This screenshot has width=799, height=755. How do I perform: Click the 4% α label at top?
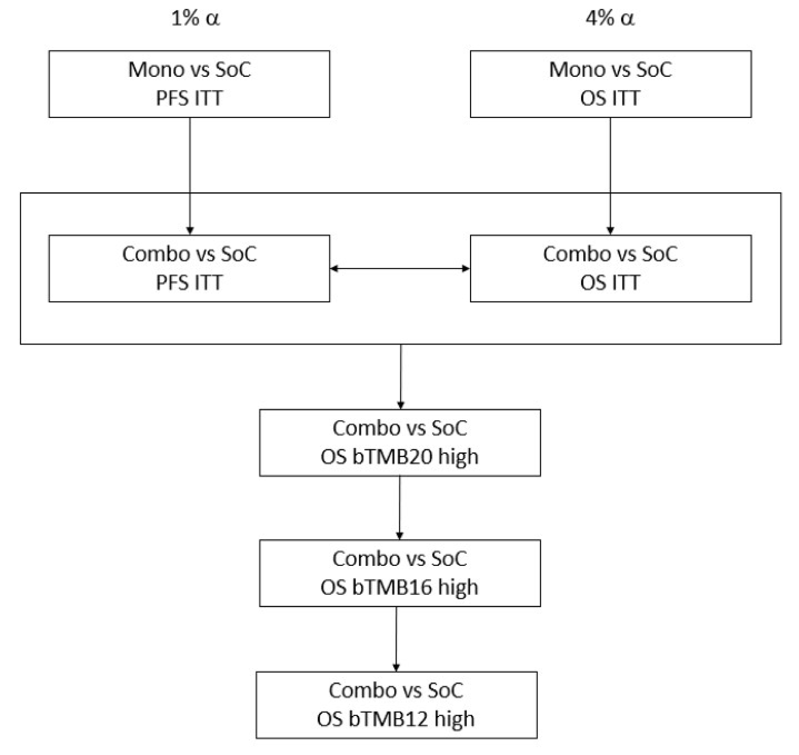(x=610, y=19)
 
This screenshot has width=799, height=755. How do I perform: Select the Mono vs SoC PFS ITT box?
(x=189, y=84)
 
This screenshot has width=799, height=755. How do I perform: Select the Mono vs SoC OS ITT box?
(x=611, y=84)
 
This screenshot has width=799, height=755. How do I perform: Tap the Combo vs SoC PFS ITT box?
(x=189, y=268)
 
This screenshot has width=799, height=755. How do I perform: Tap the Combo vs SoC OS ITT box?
(x=611, y=268)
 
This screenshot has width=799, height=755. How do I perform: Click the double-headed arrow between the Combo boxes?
(x=400, y=268)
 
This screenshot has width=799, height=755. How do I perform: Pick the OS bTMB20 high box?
(x=400, y=443)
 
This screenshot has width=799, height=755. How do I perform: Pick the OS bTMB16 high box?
(x=400, y=573)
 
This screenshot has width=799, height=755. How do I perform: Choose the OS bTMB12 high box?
(x=396, y=705)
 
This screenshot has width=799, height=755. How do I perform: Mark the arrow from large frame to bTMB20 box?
(x=401, y=376)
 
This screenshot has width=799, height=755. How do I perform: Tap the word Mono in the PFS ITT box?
(x=156, y=70)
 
